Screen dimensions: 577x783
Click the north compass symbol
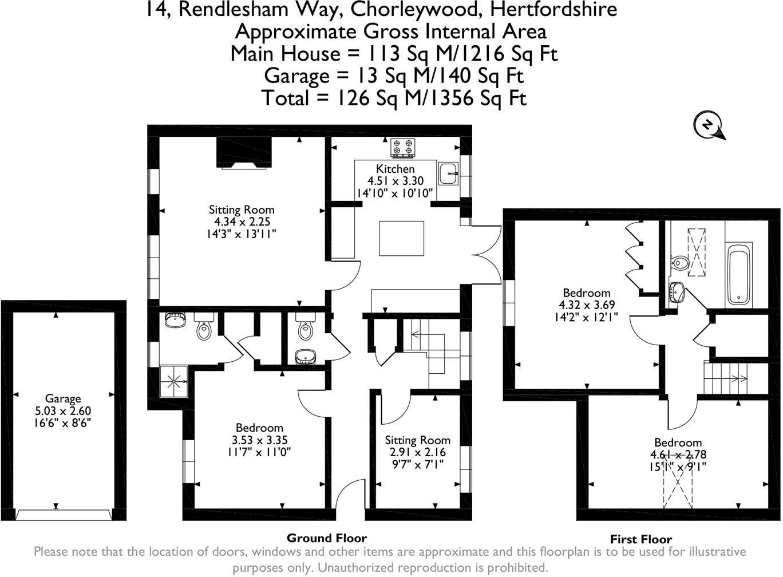tap(709, 125)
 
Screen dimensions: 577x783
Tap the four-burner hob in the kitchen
tap(403, 147)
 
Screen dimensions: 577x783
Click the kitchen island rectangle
tap(402, 238)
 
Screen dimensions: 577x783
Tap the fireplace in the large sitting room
tap(244, 153)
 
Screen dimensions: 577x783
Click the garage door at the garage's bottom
tap(63, 515)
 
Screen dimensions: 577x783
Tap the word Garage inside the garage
tap(63, 398)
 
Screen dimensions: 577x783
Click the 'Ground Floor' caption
tap(326, 538)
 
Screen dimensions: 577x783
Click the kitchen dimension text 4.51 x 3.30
tap(396, 181)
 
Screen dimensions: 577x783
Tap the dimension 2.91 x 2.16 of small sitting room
tap(417, 452)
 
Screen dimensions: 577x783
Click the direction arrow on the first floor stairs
tap(738, 378)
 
